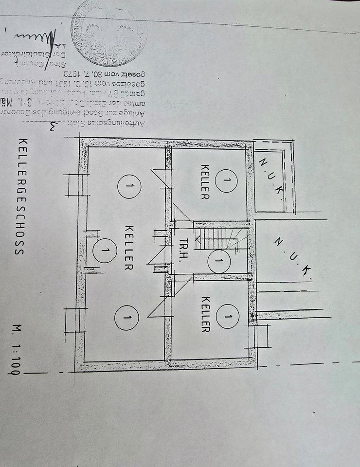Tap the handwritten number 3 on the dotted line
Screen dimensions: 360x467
tap(53, 128)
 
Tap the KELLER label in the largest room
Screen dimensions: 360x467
tap(129, 248)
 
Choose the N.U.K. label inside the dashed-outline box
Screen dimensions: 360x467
tap(271, 176)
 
